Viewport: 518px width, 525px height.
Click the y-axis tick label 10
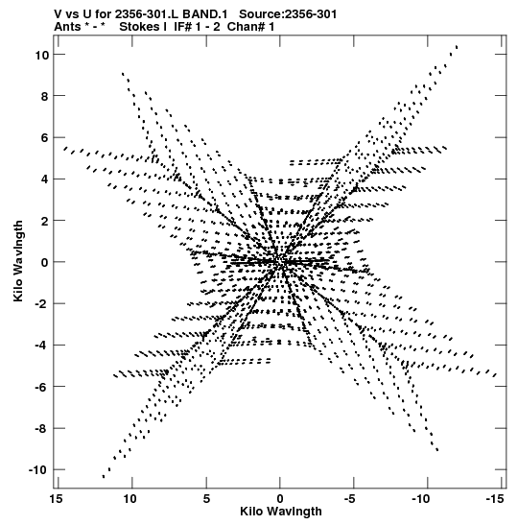point(42,55)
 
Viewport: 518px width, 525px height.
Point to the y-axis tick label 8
point(45,96)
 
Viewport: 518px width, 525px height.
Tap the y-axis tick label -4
point(42,346)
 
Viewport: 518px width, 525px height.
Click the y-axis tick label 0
point(45,263)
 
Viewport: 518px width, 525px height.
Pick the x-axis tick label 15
point(56,499)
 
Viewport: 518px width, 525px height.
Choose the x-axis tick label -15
point(495,499)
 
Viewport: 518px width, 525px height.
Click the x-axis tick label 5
point(206,499)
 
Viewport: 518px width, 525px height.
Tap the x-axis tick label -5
point(350,499)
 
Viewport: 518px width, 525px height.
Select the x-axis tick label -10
point(421,499)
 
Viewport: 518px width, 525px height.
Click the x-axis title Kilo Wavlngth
point(281,512)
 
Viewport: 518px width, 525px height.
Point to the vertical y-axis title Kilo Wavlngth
point(18,261)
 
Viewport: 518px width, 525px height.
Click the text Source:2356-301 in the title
point(288,14)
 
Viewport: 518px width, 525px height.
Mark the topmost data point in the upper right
point(457,46)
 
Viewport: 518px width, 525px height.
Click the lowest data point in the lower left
point(104,476)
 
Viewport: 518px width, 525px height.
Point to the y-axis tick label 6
point(45,138)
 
